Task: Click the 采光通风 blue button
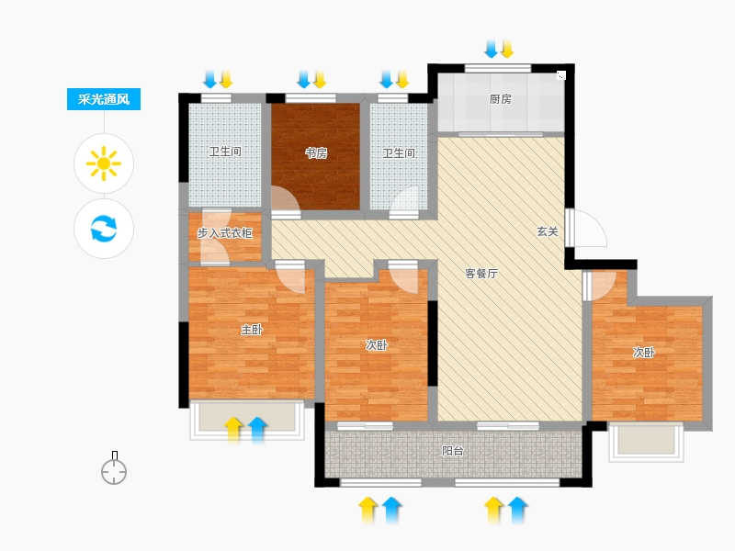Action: click(104, 99)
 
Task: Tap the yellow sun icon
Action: click(104, 163)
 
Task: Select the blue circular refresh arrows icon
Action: click(104, 228)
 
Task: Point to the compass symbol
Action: click(114, 468)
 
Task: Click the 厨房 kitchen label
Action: click(500, 99)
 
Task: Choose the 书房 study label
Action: click(316, 153)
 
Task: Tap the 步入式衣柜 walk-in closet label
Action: click(224, 233)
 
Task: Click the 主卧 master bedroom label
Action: click(251, 330)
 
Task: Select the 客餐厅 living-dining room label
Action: click(481, 274)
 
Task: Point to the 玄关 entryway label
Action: click(548, 231)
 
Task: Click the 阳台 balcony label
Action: click(453, 451)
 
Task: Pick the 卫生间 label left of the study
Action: click(225, 152)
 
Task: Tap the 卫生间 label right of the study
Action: click(399, 153)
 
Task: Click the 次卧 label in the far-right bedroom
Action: click(644, 353)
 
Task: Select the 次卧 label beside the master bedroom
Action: click(377, 345)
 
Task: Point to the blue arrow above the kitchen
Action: click(492, 50)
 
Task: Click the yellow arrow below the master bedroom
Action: click(233, 430)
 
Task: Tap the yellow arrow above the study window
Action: click(320, 80)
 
